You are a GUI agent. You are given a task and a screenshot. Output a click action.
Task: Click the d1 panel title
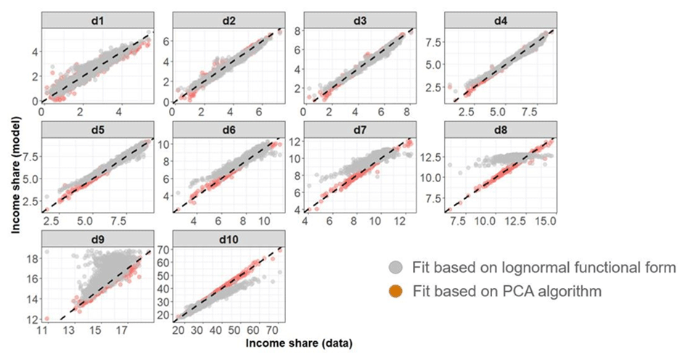tap(97, 18)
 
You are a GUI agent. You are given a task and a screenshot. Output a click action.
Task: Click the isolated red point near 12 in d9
tap(46, 319)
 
